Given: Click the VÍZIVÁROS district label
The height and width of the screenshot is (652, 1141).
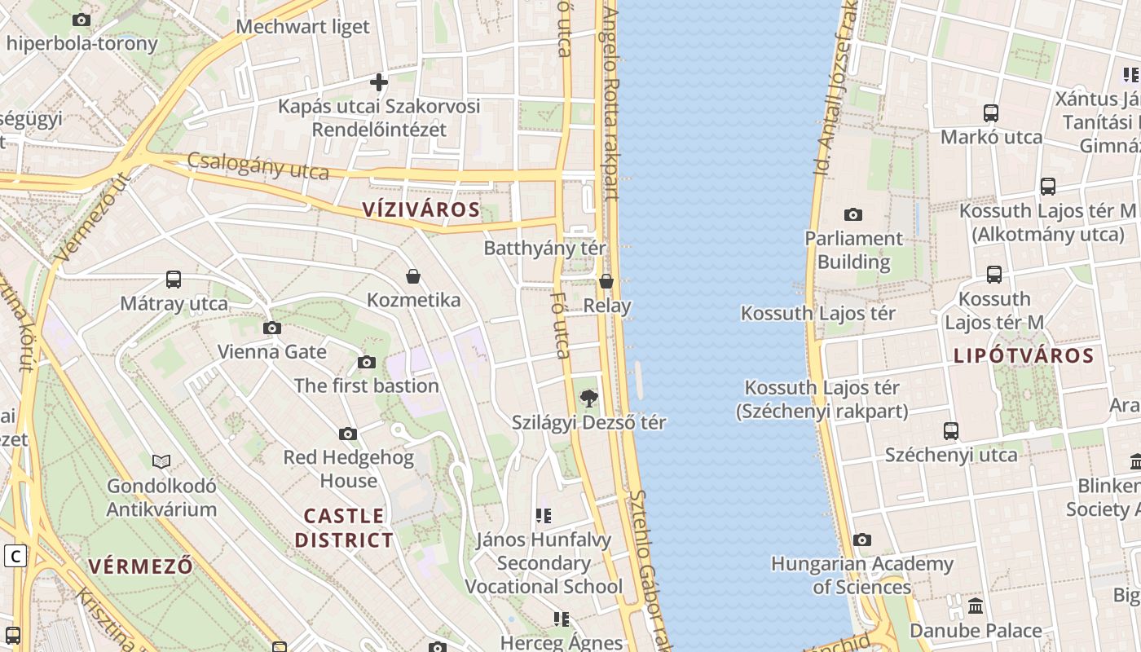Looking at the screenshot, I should coord(421,209).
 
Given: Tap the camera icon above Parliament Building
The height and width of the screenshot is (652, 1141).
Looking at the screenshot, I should coord(853,214).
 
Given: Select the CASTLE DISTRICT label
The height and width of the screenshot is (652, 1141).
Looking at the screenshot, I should coord(344,527).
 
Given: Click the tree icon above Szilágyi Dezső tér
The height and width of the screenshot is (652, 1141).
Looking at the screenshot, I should coord(588,399).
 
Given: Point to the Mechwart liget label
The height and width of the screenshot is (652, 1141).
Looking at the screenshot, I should coord(302,27).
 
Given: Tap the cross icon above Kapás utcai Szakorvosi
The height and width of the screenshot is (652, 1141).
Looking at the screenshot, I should coord(379,81).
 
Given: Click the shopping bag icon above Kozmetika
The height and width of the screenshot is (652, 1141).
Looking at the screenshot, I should coord(413,276).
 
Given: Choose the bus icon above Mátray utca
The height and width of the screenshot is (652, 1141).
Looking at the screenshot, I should coord(174,280).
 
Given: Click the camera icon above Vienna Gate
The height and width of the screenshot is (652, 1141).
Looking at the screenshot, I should coord(272,328).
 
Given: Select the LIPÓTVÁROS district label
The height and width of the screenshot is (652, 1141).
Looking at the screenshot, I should coord(1024,355).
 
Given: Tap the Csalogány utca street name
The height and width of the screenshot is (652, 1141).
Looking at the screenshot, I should coord(258,165).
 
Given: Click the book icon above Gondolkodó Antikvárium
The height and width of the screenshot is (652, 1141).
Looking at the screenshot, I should coord(161,462).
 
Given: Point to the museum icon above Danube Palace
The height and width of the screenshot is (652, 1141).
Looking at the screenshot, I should coord(976,606).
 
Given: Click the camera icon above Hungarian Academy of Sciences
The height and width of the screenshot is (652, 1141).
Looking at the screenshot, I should coord(861,540).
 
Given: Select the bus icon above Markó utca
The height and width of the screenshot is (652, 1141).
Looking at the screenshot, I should coord(991,113).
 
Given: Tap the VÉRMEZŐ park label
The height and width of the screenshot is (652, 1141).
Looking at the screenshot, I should coord(141,566).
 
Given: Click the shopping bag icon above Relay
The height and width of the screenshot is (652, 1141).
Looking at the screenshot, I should coord(606,282).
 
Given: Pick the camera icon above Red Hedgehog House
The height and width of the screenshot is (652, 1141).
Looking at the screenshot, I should coord(348,434).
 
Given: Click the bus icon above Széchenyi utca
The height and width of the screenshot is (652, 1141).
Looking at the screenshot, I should coord(951,430).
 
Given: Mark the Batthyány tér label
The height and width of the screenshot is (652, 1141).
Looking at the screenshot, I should coord(544,248).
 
